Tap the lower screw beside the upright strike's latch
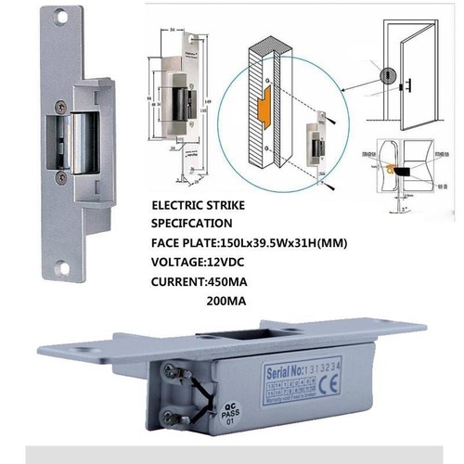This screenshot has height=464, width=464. pos(59,173)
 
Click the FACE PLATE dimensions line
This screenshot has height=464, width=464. pos(247,242)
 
